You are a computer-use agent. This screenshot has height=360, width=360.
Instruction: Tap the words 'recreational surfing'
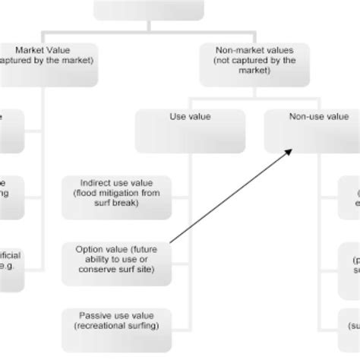115,327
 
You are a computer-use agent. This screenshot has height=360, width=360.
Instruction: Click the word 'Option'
89,248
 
